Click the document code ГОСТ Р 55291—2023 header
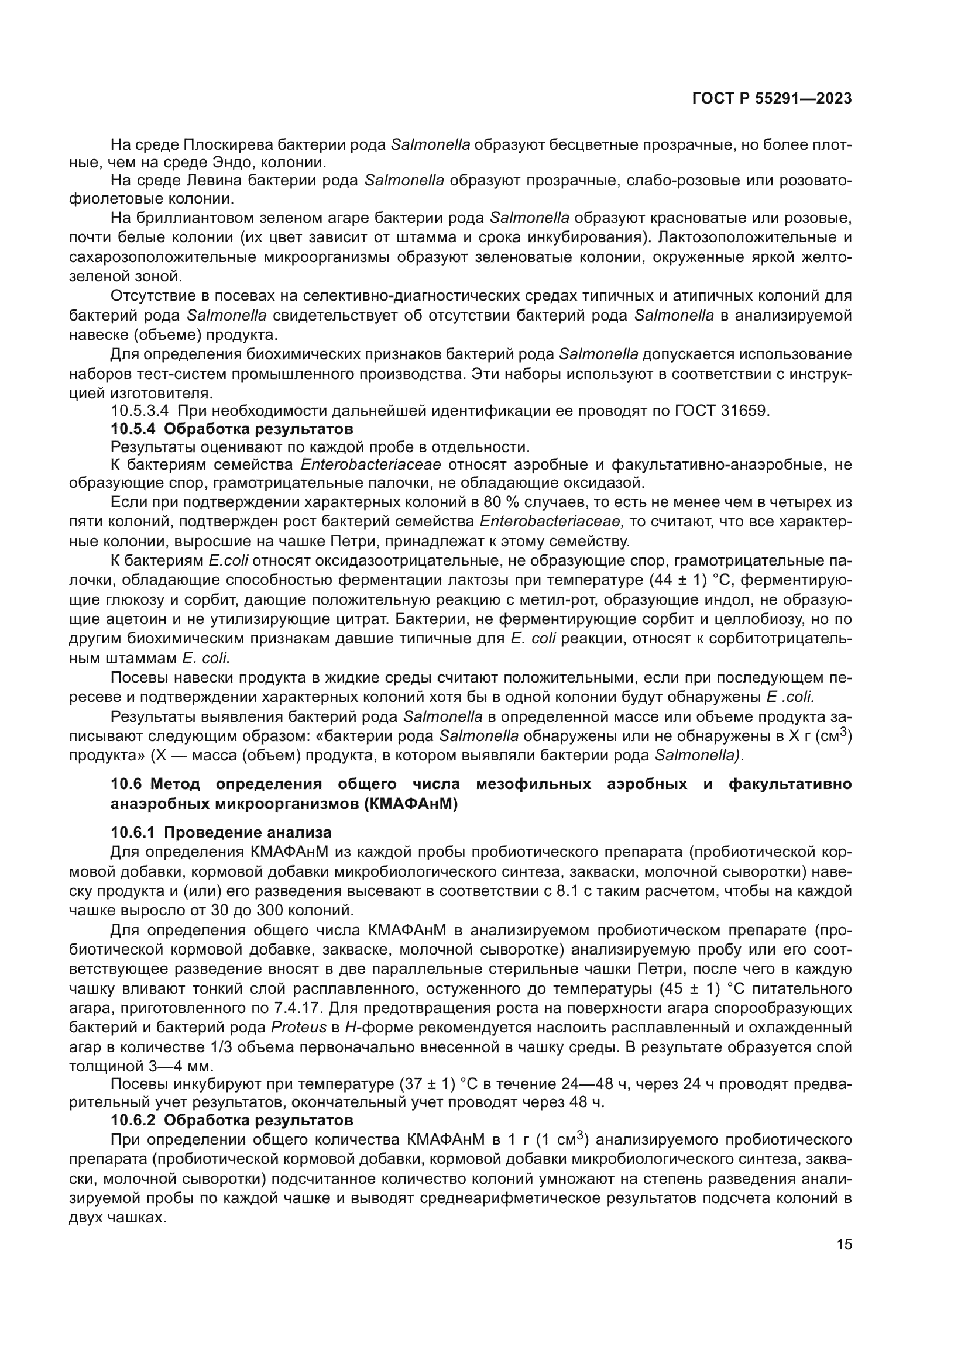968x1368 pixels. coord(772,99)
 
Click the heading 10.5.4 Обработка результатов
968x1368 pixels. coord(232,428)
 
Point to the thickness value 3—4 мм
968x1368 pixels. coord(167,1066)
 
